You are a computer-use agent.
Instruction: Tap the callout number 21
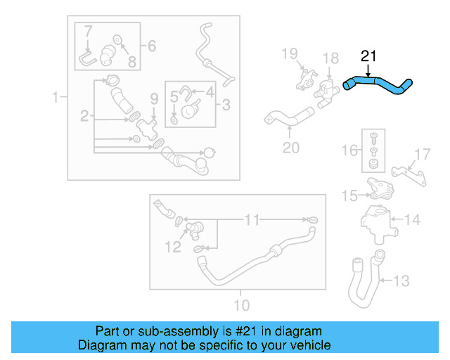[368, 56]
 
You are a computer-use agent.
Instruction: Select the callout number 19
[290, 53]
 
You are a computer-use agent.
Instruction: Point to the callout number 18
[330, 58]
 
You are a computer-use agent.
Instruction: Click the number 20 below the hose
[290, 148]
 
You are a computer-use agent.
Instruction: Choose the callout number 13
[399, 281]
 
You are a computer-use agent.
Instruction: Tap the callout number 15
[350, 196]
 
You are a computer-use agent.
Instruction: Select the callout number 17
[422, 154]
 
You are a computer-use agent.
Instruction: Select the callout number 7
[88, 31]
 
